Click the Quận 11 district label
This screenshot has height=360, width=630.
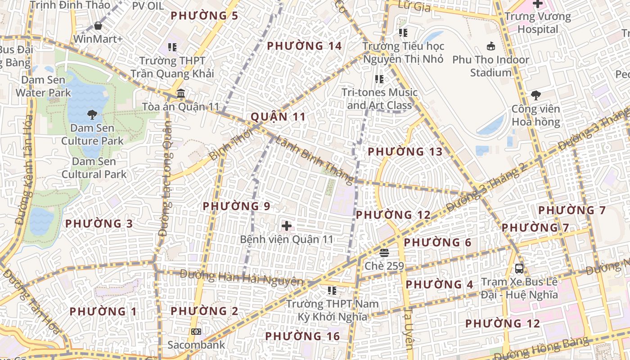click(x=278, y=117)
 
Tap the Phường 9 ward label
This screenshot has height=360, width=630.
click(x=236, y=206)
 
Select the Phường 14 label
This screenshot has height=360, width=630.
click(x=304, y=46)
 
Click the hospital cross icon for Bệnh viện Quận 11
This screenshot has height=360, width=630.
click(x=286, y=225)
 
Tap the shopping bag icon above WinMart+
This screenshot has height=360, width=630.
click(x=98, y=26)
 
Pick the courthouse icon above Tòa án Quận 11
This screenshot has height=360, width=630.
click(x=180, y=94)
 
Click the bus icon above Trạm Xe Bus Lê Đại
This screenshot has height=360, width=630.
click(x=519, y=269)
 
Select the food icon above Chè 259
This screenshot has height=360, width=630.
click(x=384, y=253)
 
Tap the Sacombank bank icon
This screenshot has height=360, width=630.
click(x=196, y=332)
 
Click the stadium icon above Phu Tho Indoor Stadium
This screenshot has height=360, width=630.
click(x=490, y=46)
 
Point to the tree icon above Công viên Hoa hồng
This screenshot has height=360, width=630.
click(x=535, y=95)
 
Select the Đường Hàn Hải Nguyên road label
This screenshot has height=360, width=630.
click(x=242, y=278)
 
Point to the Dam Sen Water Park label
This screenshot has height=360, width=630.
click(x=43, y=86)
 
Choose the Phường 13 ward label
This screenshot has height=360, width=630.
click(x=405, y=152)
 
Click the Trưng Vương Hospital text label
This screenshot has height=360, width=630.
click(x=537, y=23)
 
